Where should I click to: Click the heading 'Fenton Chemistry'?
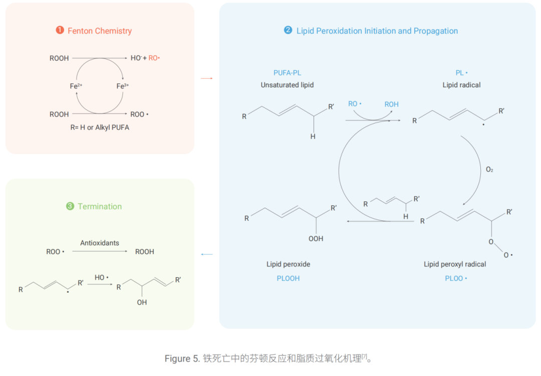tap(100, 31)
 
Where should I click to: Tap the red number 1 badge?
tap(60, 30)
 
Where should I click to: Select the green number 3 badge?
tap(70, 206)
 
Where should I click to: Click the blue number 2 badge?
tap(288, 30)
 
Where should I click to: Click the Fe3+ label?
tap(123, 86)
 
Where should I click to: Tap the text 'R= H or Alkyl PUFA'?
tap(100, 128)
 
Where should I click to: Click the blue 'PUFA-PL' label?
tap(287, 73)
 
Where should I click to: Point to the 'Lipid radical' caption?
tap(461, 85)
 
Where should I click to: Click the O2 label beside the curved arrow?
tap(489, 170)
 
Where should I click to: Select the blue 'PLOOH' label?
tap(288, 278)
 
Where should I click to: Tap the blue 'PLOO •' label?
tap(456, 278)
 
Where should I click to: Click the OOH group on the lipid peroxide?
tap(316, 239)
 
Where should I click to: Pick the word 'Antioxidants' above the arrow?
tap(100, 243)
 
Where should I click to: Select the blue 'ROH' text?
tap(391, 104)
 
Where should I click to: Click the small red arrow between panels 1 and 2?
tap(206, 78)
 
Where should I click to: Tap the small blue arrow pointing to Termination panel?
tap(206, 255)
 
